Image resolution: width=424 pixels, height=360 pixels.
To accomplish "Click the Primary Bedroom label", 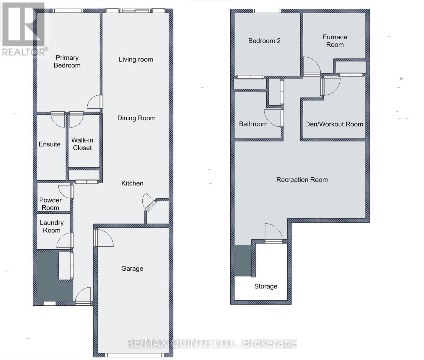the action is (67, 61).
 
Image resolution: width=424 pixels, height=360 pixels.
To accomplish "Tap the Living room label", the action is (136, 59).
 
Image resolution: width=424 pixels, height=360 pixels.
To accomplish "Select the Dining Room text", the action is (136, 118).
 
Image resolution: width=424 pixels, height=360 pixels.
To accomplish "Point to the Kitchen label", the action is (132, 183).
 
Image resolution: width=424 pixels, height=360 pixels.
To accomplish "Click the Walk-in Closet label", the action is (82, 144).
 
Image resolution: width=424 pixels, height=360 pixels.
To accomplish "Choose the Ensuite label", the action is (50, 144).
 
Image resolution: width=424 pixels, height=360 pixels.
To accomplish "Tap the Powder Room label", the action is (50, 204).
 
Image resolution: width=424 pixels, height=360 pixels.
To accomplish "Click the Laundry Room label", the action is (52, 226).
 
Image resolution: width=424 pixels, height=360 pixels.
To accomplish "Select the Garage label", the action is (132, 268).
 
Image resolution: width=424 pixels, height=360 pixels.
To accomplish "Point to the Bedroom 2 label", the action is (264, 41).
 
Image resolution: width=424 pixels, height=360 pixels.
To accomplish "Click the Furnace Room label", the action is (335, 41).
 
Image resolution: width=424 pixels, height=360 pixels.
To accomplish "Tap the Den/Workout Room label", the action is (334, 124).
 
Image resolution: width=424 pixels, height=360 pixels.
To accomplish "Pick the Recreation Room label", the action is (302, 180).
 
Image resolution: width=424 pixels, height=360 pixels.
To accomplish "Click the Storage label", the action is (266, 286).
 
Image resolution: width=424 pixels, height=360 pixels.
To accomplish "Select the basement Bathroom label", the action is (253, 124).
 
